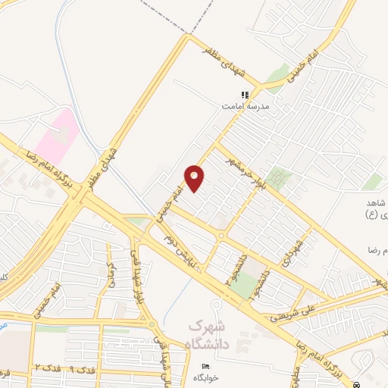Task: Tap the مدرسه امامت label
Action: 245,107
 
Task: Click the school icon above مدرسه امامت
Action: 245,95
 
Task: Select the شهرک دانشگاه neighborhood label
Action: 208,334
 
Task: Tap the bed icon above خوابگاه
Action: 205,367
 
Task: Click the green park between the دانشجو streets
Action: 242,285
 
